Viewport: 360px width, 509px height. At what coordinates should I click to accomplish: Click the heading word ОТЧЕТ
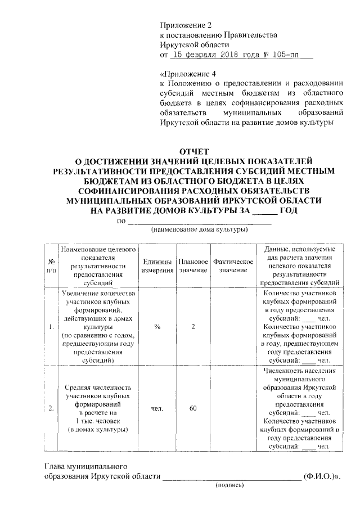(193, 151)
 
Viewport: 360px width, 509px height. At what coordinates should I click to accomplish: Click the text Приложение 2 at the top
(185, 25)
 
